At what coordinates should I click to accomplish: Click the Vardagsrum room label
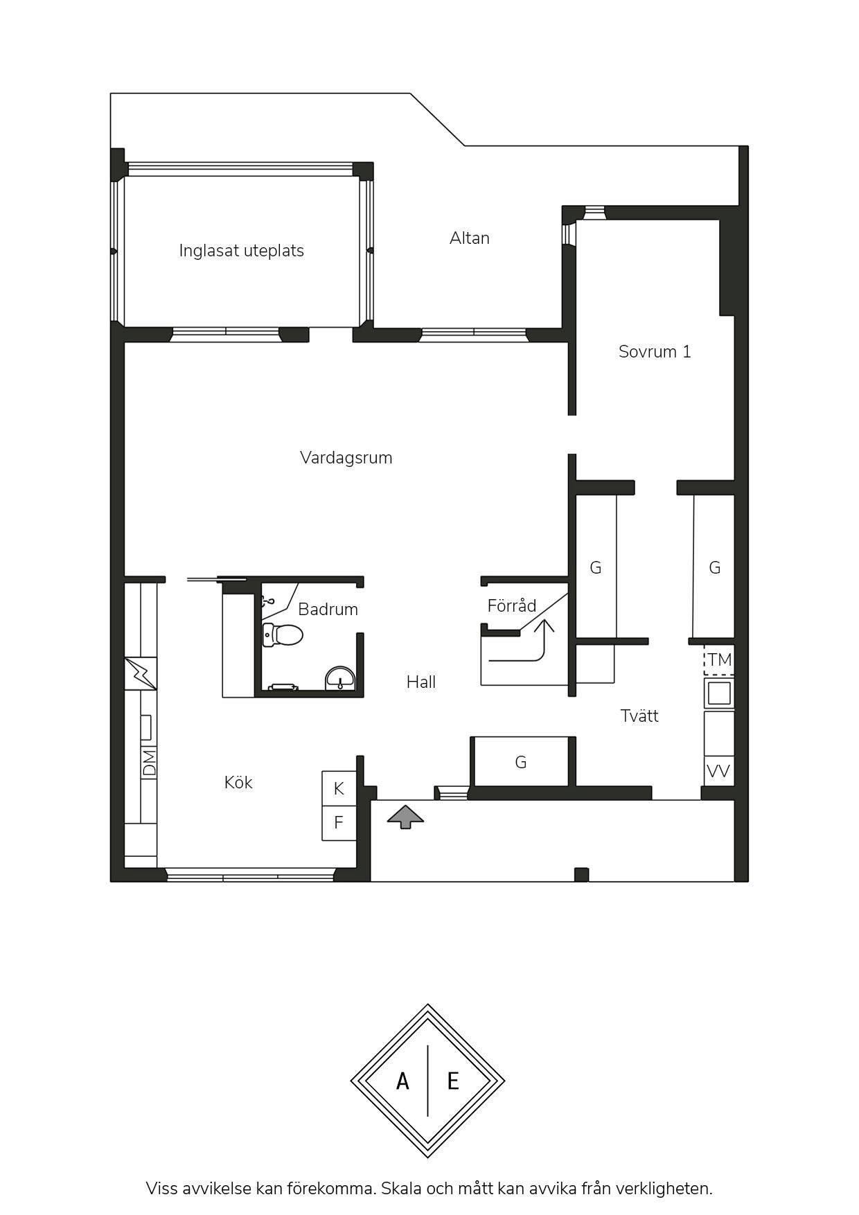(x=346, y=458)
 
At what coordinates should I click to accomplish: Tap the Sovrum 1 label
(x=655, y=352)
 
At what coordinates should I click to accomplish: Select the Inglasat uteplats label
(x=241, y=251)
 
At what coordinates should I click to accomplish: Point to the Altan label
(x=470, y=238)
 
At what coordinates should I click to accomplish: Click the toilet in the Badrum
(x=283, y=635)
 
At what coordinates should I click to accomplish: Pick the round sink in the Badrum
(x=340, y=678)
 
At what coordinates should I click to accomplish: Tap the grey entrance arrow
(x=405, y=817)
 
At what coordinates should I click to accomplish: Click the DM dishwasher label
(x=150, y=762)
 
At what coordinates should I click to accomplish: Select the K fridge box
(x=339, y=788)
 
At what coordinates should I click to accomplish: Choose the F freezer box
(x=339, y=823)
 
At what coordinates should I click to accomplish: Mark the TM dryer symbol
(x=719, y=659)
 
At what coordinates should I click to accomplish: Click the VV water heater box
(x=719, y=771)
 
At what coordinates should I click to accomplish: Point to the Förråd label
(x=512, y=606)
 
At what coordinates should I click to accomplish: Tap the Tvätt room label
(x=639, y=716)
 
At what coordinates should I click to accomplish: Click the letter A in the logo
(x=402, y=1081)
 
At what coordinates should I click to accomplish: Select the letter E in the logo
(x=453, y=1081)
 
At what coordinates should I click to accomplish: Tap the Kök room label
(x=238, y=783)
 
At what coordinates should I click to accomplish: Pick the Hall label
(x=421, y=682)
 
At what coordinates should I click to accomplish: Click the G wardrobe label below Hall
(x=521, y=763)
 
